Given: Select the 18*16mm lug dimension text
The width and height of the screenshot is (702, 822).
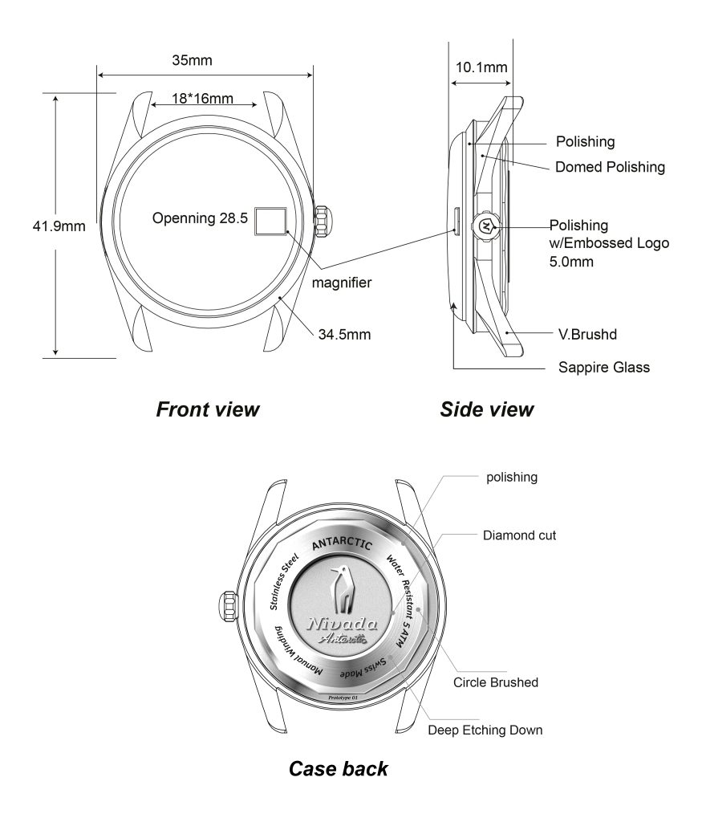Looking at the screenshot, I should point(202,99).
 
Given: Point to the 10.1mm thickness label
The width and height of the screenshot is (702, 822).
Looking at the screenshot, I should point(481,67).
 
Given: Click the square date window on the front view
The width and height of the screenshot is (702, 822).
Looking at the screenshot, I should point(270,220).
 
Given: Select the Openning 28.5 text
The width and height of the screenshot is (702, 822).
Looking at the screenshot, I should point(200,218).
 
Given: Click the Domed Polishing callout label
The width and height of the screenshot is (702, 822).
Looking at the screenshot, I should point(611,167).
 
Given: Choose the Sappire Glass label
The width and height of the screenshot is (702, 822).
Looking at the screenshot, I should point(604,368).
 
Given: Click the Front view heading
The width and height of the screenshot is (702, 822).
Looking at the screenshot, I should point(207,409).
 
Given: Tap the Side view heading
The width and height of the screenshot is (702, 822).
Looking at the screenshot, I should point(486,409).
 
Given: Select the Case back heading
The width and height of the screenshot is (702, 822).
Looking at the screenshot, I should point(338,768).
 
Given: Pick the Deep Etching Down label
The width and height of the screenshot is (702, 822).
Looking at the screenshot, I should point(485,730).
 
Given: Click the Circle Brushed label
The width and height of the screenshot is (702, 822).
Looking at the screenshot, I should point(496,682).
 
